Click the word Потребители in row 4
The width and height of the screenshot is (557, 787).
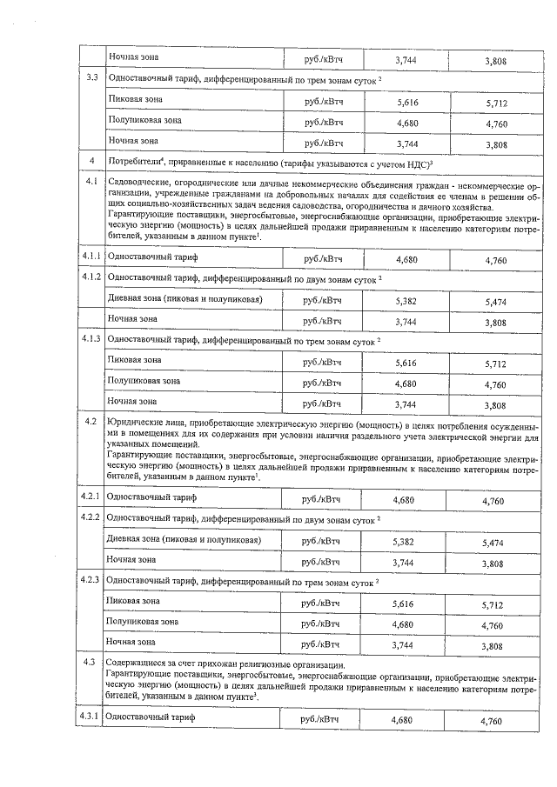132,161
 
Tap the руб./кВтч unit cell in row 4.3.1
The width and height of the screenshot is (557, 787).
320,720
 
